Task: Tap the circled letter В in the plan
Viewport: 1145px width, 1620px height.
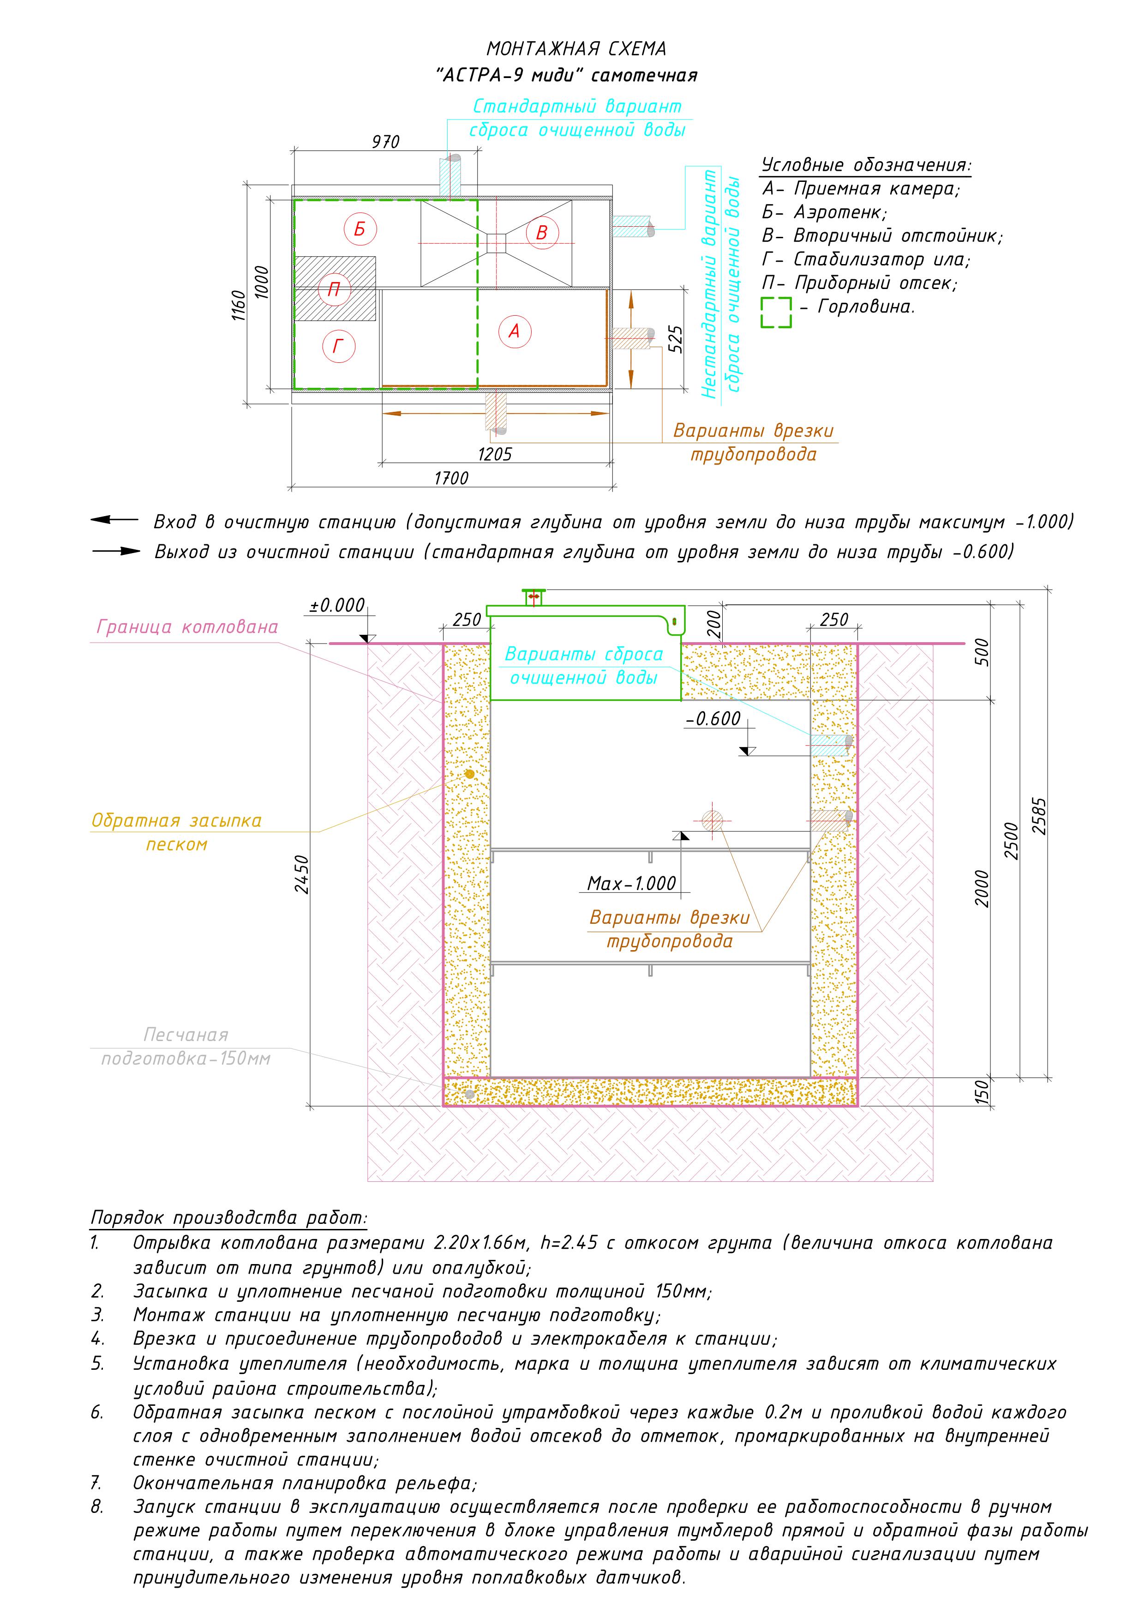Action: (542, 232)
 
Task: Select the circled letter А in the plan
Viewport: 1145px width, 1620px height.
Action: (514, 331)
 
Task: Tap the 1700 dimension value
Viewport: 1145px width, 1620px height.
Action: (451, 478)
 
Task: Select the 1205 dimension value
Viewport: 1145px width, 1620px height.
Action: (495, 454)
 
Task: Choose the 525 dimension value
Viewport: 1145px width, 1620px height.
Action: (675, 339)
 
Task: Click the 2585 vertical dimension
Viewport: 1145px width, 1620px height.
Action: (1039, 816)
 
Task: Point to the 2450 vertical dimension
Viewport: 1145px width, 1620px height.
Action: (302, 875)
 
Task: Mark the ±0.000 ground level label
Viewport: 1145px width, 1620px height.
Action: (337, 605)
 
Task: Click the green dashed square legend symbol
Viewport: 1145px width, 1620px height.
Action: (776, 313)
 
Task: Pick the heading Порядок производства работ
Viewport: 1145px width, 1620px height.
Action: (229, 1218)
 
